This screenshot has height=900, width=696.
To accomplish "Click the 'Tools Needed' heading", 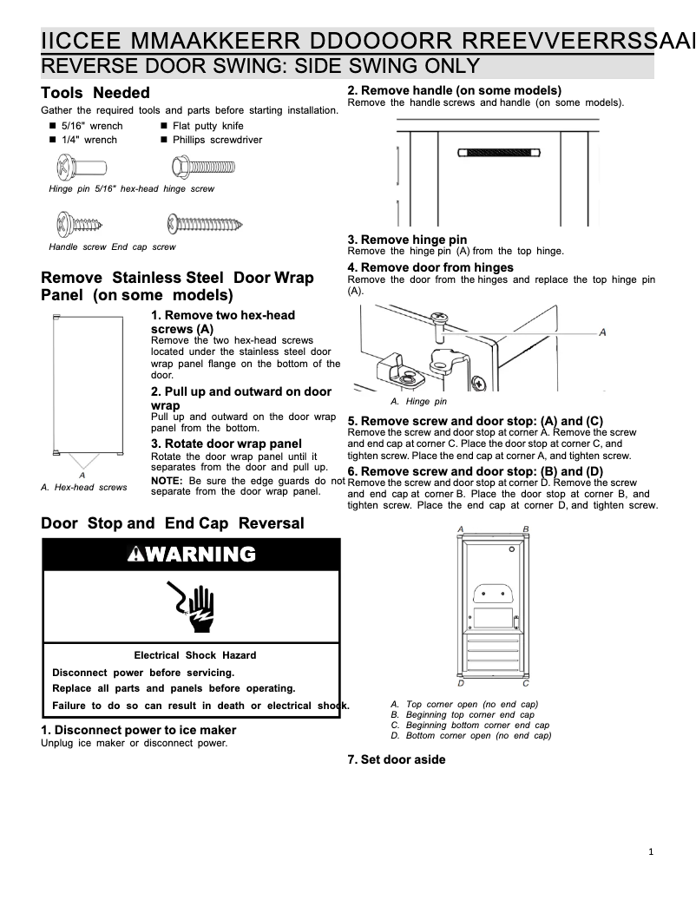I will click(95, 93).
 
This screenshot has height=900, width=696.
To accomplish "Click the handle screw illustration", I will click(78, 225).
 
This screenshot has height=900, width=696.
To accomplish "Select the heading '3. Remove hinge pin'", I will click(407, 240).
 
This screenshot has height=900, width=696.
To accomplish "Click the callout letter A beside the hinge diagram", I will click(602, 332).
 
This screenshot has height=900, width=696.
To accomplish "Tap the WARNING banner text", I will click(191, 555).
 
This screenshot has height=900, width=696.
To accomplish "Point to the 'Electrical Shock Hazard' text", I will click(194, 655).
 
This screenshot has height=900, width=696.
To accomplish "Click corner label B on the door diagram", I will click(526, 529).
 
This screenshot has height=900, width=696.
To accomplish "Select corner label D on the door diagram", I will click(460, 683).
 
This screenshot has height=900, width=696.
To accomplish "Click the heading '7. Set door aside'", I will click(397, 759).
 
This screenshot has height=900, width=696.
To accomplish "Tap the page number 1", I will click(651, 851).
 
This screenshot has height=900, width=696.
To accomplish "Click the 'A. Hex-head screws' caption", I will click(84, 487).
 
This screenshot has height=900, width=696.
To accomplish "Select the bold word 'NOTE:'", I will click(167, 480).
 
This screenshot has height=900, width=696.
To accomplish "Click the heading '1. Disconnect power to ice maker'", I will click(139, 730).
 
